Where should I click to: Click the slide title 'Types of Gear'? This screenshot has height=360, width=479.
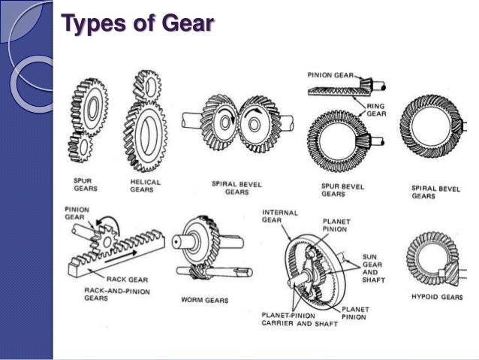[138, 27]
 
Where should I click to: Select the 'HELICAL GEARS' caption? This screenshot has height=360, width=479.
[145, 186]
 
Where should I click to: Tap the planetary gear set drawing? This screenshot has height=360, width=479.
[315, 262]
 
